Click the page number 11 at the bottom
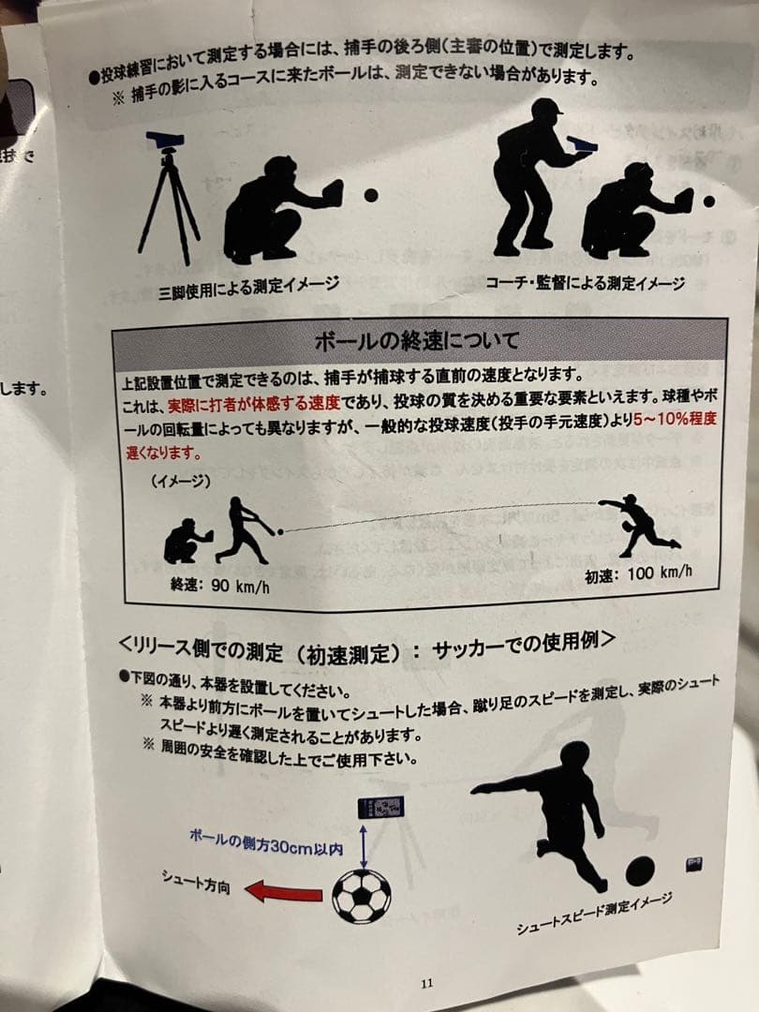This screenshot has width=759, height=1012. pos(427,983)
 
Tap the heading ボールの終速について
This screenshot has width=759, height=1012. pos(419,338)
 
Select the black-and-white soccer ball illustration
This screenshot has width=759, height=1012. pos(362,896)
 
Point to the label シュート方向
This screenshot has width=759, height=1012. pos(195,881)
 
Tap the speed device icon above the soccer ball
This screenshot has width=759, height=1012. pos(382,808)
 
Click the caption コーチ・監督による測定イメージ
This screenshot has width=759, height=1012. pos(585,282)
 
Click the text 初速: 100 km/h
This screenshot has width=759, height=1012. pos(639,573)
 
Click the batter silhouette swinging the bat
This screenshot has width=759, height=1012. pos(245,531)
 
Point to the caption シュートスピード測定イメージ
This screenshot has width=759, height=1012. pos(594,914)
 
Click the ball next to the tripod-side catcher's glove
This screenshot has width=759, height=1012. pos(371,196)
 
